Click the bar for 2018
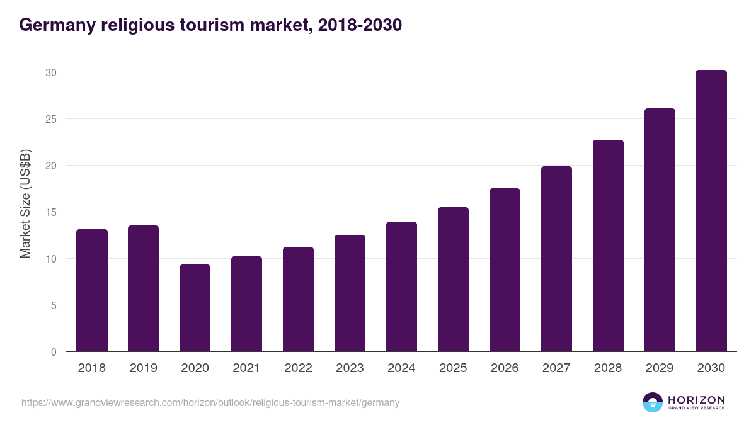[x=92, y=290]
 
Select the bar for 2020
[x=195, y=308]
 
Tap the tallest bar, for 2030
[x=711, y=211]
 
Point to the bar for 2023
[x=350, y=293]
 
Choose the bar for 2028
[x=608, y=246]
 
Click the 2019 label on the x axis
[x=144, y=368]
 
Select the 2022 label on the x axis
[x=299, y=368]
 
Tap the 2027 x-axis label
[x=556, y=368]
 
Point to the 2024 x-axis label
[x=402, y=368]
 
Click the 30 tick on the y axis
[x=51, y=72]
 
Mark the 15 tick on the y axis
[x=51, y=212]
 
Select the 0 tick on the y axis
[x=54, y=352]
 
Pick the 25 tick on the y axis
[x=51, y=119]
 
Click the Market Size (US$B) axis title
[x=25, y=203]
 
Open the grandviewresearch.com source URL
[x=210, y=402]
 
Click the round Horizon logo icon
[x=653, y=402]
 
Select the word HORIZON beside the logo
[x=696, y=400]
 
